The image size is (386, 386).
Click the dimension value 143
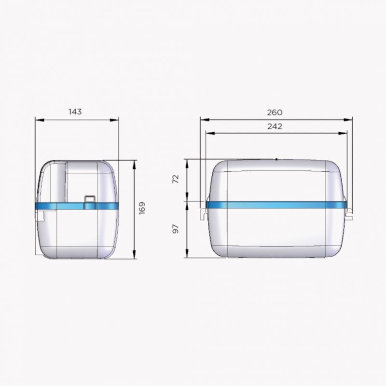pyautogui.click(x=75, y=112)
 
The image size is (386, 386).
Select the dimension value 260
pyautogui.click(x=275, y=112)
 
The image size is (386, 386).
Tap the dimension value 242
pyautogui.click(x=275, y=126)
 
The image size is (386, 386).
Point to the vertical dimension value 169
pyautogui.click(x=142, y=208)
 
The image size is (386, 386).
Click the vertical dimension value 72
pyautogui.click(x=176, y=179)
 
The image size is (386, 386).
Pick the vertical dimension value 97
pyautogui.click(x=176, y=229)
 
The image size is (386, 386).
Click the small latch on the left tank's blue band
pyautogui.click(x=90, y=202)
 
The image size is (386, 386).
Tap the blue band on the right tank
pyautogui.click(x=276, y=205)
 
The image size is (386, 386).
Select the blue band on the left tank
pyautogui.click(x=77, y=206)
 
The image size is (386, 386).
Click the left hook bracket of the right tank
pyautogui.click(x=203, y=213)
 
